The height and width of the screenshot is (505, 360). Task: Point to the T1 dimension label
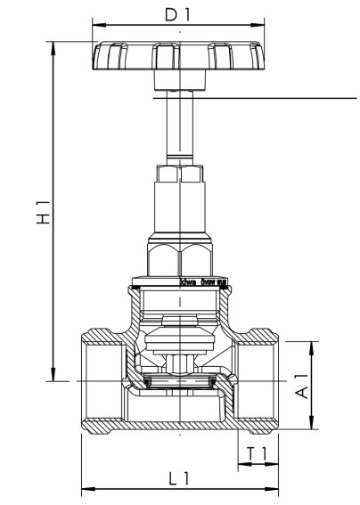point(258,453)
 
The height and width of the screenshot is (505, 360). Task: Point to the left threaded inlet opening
point(98,383)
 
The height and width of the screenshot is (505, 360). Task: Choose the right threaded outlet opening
point(258,383)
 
